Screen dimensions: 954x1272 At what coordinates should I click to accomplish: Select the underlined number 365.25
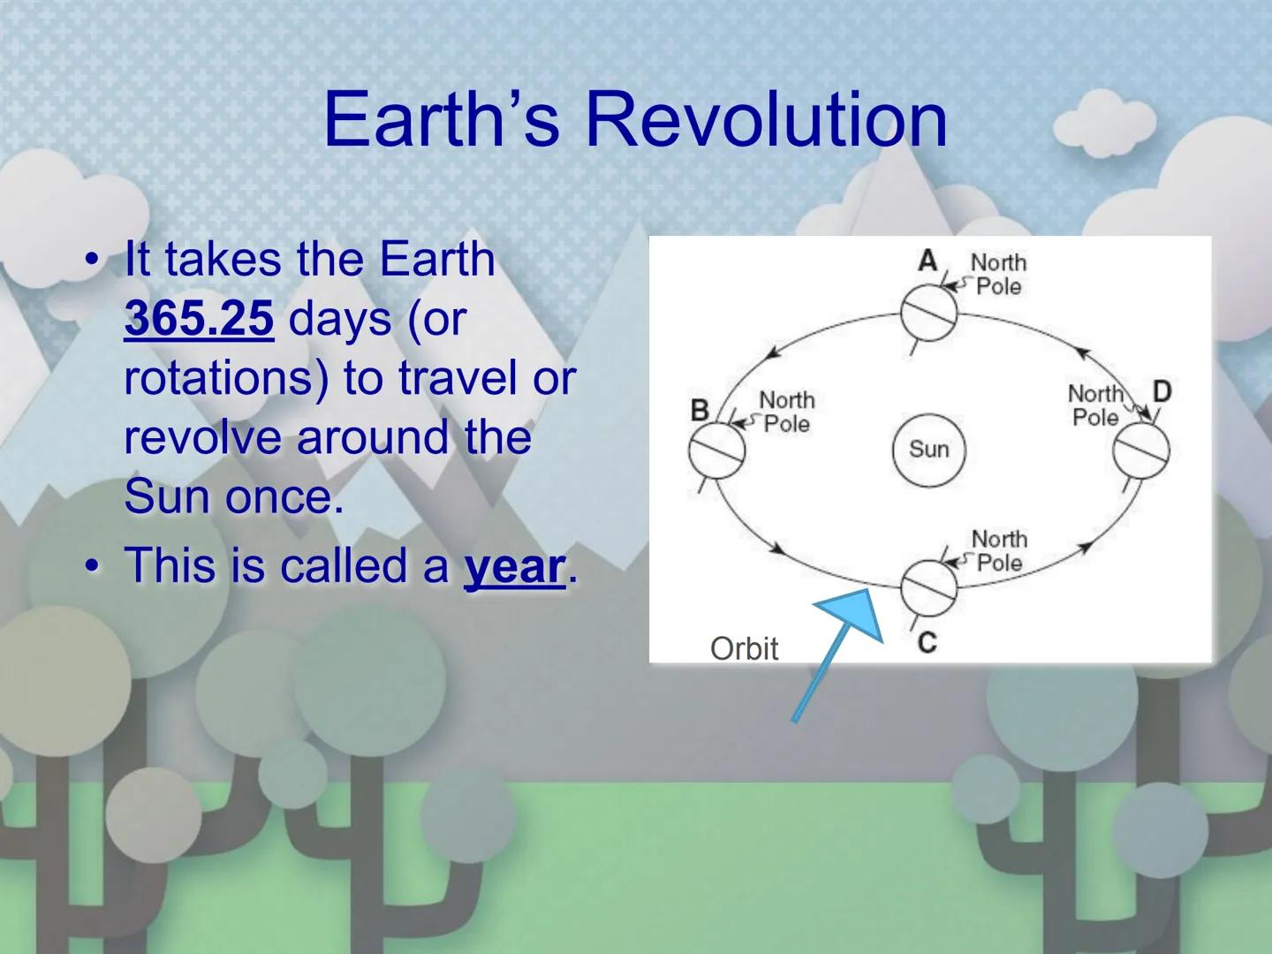[199, 319]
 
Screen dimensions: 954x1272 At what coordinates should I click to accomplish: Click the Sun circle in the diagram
[928, 450]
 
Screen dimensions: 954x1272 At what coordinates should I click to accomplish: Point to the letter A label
[927, 261]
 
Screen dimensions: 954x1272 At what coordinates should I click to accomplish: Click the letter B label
[700, 410]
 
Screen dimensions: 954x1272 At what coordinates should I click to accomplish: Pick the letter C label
[927, 642]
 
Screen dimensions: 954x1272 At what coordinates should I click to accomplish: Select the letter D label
[1162, 390]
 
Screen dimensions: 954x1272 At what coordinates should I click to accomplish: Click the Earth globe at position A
[928, 312]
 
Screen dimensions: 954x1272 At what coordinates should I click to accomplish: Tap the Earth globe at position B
[716, 450]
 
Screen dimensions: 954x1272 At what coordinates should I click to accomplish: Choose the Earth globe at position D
[1140, 450]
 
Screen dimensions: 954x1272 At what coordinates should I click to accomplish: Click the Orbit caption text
[744, 648]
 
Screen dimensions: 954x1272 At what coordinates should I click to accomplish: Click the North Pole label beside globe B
[786, 413]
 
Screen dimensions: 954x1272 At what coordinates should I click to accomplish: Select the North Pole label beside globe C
[998, 550]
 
